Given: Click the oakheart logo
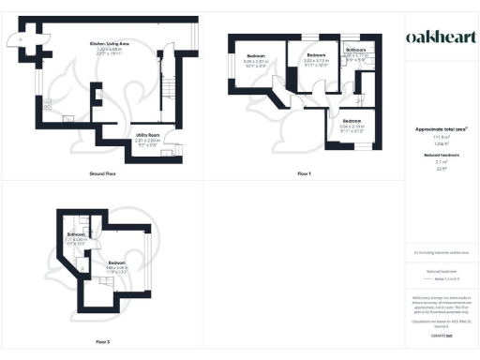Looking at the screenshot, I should click(x=440, y=37).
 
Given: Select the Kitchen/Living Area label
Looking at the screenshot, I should click(x=109, y=44).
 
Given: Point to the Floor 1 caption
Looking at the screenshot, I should click(x=304, y=174).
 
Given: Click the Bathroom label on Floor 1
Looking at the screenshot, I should click(x=356, y=49).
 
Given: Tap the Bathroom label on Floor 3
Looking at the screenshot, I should click(x=77, y=234).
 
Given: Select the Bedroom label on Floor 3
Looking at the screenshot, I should click(x=117, y=262).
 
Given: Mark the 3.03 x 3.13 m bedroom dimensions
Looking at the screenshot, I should click(x=313, y=62).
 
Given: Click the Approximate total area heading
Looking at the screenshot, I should click(x=440, y=127).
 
